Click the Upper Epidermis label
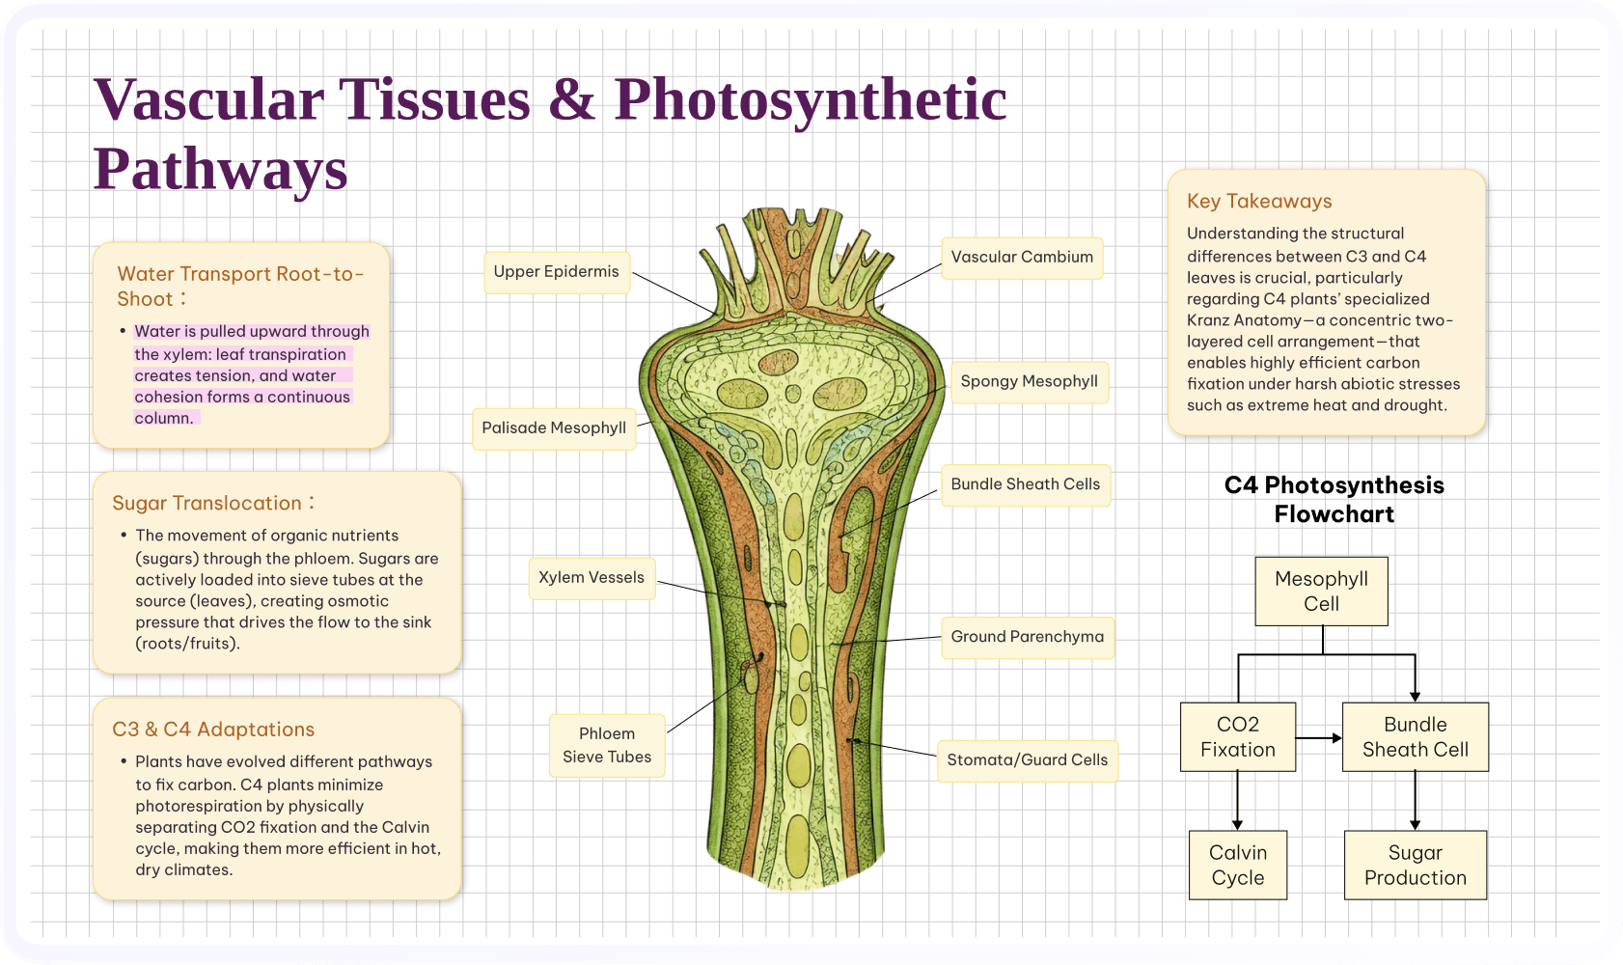[557, 272]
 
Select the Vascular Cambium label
[1022, 258]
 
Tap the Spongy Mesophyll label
[1029, 381]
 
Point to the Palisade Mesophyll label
[554, 428]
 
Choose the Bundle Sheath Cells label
[1025, 484]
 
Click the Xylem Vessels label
[591, 578]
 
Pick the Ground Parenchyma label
[1027, 637]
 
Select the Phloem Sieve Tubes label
[607, 745]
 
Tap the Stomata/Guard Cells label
[1027, 760]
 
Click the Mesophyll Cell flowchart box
[1321, 591]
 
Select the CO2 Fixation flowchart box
[1237, 736]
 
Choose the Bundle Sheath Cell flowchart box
[1415, 736]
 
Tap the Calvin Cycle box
[1237, 865]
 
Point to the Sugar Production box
[1415, 865]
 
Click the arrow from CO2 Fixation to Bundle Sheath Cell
[1319, 738]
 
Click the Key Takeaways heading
[1259, 202]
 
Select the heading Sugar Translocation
[207, 504]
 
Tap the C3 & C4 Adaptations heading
[213, 730]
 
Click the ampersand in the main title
[571, 100]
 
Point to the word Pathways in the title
[220, 169]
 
